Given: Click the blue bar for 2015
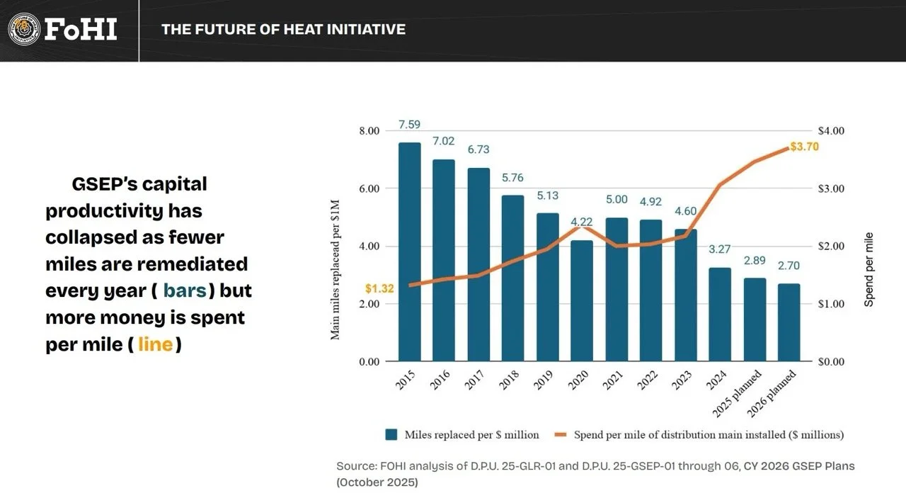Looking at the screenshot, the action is (409, 252).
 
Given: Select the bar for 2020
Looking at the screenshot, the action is (582, 300).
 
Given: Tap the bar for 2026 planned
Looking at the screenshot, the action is (789, 322).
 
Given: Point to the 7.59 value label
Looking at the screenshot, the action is (409, 124).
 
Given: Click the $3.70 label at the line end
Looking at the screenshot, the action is (804, 146).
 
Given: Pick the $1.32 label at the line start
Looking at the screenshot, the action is (379, 288).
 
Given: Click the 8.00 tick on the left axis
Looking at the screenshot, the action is (369, 131).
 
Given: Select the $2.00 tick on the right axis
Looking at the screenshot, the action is (831, 247).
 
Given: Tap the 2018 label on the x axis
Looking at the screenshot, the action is (509, 380).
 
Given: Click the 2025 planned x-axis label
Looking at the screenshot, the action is (737, 393).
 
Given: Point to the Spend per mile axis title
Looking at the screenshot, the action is (868, 269).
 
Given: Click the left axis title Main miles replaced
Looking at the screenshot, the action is (335, 270).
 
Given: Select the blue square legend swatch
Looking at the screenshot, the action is (391, 434).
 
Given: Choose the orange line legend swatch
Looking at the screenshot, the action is (561, 434).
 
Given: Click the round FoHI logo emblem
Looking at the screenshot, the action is (24, 29).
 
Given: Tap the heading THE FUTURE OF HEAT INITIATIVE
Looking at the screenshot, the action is (283, 29).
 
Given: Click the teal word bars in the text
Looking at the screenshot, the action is (185, 290).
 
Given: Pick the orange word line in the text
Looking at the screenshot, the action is (155, 344).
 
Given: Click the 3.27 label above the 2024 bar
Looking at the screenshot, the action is (720, 249).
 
